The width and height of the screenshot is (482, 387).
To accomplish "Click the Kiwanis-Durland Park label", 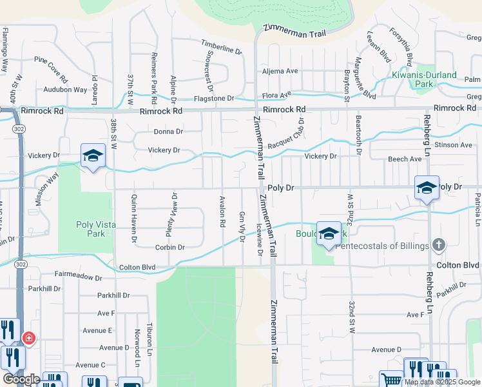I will click(x=423, y=79).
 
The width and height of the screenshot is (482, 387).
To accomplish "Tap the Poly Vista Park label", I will click(x=91, y=229).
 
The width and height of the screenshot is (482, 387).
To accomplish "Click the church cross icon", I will click(x=438, y=245).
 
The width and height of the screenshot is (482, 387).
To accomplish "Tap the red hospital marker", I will click(x=28, y=338).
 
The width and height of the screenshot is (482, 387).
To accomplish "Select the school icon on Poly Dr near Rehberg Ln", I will click(x=427, y=188).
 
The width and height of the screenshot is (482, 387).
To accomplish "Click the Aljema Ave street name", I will click(x=278, y=71).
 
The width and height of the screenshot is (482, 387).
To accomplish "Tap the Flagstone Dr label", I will click(x=214, y=99).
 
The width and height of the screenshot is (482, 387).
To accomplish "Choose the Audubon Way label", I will click(x=65, y=90).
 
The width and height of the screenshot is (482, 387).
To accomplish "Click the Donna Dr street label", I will click(x=168, y=132).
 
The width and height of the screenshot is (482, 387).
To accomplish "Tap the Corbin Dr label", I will click(x=169, y=247).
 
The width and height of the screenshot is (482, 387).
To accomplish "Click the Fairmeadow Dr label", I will click(x=79, y=275).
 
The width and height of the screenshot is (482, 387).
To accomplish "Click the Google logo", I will click(x=21, y=379).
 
